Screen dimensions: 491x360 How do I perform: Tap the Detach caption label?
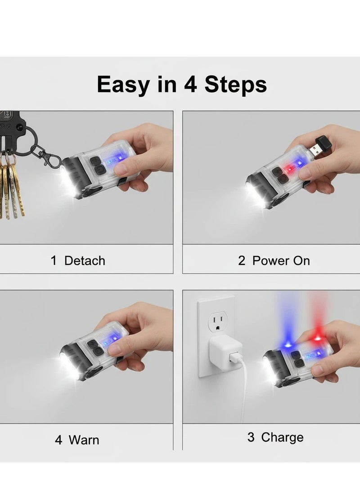pyautogui.click(x=84, y=261)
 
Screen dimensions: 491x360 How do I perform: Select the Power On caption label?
pyautogui.click(x=281, y=261)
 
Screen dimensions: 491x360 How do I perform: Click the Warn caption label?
pyautogui.click(x=84, y=439)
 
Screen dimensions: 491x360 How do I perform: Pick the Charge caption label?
pyautogui.click(x=282, y=437)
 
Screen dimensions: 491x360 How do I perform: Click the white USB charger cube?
pyautogui.click(x=226, y=355)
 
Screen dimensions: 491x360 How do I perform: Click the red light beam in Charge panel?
pyautogui.click(x=317, y=312)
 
